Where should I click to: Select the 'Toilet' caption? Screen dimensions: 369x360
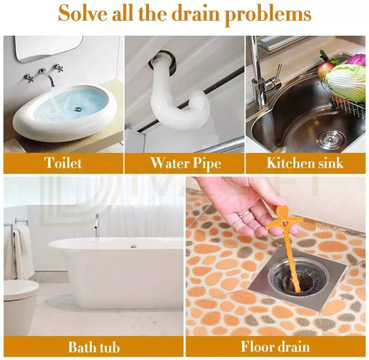tap(63, 163)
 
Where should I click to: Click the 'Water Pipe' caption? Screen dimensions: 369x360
tap(186, 163)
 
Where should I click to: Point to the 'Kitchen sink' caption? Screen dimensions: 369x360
tap(305, 163)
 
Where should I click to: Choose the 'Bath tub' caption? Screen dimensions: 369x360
tap(94, 348)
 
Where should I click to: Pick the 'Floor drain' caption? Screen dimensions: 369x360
tap(275, 347)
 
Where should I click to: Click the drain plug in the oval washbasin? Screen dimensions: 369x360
tap(77, 109)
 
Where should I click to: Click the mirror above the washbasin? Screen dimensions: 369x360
tap(48, 48)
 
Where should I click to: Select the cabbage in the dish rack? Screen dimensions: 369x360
tap(345, 83)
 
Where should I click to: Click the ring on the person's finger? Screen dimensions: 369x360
tap(244, 213)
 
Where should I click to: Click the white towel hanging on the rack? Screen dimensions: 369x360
tap(23, 252)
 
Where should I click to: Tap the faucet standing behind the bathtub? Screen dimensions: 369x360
tap(97, 226)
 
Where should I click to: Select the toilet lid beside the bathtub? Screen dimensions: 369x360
tap(21, 289)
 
